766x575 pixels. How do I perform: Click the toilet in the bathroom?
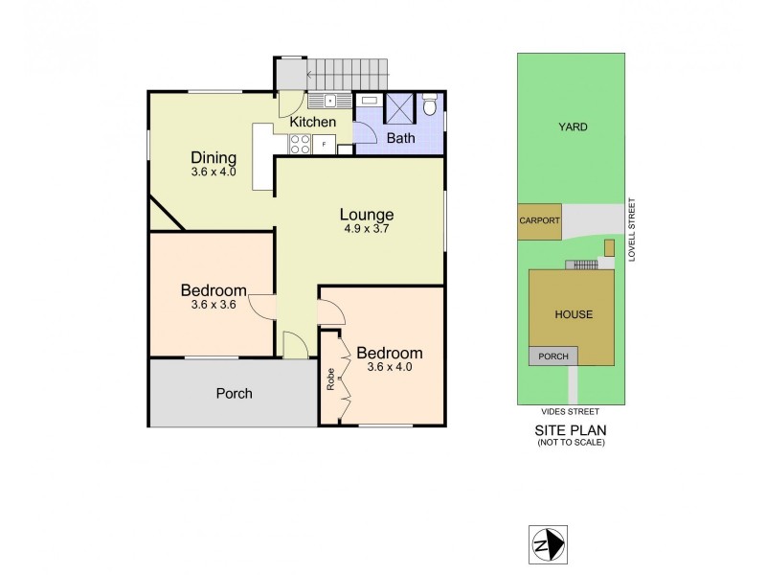coord(429,103)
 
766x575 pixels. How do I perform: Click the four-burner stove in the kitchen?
coord(299,144)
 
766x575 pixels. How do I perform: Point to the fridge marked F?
coord(324,145)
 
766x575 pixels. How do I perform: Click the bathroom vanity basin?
coord(369,100)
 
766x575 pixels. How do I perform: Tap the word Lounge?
coord(367,214)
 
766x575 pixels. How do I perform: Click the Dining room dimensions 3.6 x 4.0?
coord(213,172)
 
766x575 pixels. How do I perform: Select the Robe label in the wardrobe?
coord(330,379)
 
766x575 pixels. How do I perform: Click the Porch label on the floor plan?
coord(234,393)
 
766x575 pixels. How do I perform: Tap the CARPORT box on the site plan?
coord(539,220)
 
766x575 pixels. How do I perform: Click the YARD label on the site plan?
coord(573,126)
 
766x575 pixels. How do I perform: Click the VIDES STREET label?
coord(572,411)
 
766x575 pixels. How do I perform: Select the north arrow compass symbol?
coord(547,545)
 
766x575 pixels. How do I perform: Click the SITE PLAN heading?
coord(572,430)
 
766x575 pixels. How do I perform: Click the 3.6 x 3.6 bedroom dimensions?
coord(213,306)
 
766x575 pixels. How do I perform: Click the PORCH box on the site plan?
coord(552,356)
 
